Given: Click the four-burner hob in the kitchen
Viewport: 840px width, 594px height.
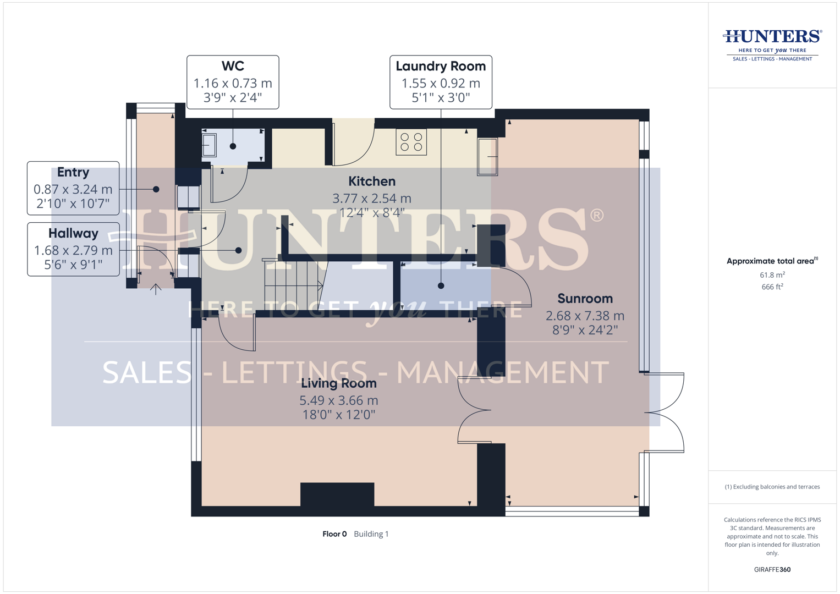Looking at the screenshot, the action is [x=411, y=142].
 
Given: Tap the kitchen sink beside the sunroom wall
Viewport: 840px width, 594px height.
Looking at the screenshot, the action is [x=487, y=157].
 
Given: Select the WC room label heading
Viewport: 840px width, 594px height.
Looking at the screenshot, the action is [x=233, y=66].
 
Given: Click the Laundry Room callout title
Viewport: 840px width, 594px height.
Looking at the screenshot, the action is [x=441, y=67].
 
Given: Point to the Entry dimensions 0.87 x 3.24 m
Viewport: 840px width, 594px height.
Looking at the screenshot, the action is [x=73, y=189].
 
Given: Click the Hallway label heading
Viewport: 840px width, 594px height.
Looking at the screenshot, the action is [x=73, y=233].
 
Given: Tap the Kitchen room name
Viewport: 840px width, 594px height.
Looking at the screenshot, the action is [x=372, y=181].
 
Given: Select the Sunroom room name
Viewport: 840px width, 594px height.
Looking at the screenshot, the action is [x=585, y=299].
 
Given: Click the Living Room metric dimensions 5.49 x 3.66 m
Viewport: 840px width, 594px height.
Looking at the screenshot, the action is [x=339, y=400].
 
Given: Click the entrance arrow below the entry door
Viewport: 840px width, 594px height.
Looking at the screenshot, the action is [x=156, y=289].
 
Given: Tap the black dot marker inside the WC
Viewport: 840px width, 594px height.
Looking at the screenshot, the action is [x=233, y=146].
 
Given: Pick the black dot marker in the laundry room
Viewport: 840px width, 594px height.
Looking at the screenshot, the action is [x=441, y=286].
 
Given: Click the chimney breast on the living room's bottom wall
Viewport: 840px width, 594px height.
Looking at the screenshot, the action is [x=337, y=494].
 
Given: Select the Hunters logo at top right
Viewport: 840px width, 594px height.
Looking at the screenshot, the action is [x=772, y=45].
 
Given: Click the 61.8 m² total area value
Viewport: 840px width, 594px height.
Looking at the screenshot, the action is [x=772, y=275].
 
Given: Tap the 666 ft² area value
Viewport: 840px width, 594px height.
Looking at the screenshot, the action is [x=772, y=287].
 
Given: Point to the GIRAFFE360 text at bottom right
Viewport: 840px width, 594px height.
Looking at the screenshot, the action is [x=772, y=570].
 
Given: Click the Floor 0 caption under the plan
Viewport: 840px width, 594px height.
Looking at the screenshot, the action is [x=334, y=534].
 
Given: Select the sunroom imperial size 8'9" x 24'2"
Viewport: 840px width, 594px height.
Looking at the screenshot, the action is [x=585, y=330].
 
